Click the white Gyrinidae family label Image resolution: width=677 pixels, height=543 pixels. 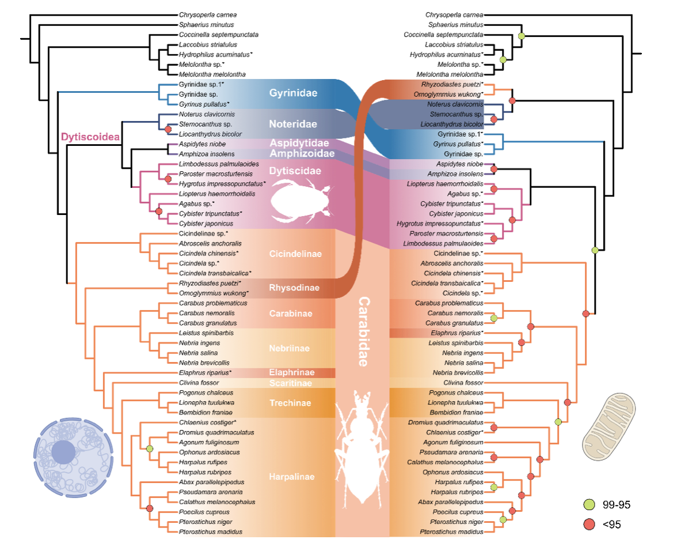(x=293, y=93)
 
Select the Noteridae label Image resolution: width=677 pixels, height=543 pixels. (x=293, y=124)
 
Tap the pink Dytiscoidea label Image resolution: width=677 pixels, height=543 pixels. (x=90, y=138)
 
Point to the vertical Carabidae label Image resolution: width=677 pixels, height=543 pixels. (x=364, y=331)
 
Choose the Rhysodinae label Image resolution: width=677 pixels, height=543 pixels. (x=294, y=288)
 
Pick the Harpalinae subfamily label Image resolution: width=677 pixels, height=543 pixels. (x=292, y=477)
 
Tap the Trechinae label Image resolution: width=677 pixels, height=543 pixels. (x=290, y=403)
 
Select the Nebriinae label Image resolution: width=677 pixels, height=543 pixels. (x=289, y=348)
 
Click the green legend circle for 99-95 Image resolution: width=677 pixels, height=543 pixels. (x=588, y=505)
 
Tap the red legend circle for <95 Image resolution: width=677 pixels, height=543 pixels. (x=588, y=524)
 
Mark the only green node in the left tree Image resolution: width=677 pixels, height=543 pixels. (x=150, y=448)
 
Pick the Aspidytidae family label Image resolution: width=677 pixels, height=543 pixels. (x=300, y=143)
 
